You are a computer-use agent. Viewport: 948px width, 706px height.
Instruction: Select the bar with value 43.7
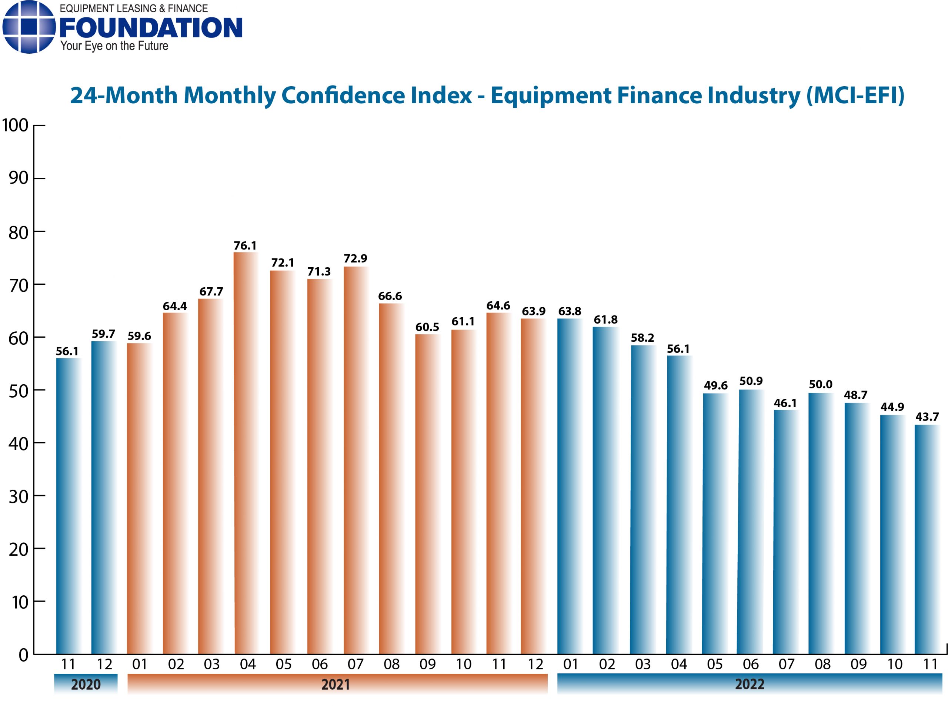pos(927,539)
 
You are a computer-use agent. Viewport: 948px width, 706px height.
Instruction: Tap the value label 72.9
pos(355,258)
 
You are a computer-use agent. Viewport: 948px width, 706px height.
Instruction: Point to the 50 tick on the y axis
pos(19,391)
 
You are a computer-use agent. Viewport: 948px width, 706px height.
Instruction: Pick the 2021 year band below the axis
pos(336,684)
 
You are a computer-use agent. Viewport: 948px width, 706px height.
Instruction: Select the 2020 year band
pos(86,684)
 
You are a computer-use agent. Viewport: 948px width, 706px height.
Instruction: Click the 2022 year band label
pos(749,684)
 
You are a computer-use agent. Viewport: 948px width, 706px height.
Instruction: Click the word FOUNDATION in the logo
pos(151,28)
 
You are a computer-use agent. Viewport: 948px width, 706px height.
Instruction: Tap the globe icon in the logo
pos(29,27)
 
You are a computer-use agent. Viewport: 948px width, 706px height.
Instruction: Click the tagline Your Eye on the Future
pos(114,46)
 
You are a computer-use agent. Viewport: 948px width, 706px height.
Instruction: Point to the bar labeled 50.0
pos(820,523)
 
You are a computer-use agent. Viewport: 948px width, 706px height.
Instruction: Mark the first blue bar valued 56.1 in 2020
pos(69,506)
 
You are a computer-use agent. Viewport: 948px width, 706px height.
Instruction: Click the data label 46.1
pos(785,403)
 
